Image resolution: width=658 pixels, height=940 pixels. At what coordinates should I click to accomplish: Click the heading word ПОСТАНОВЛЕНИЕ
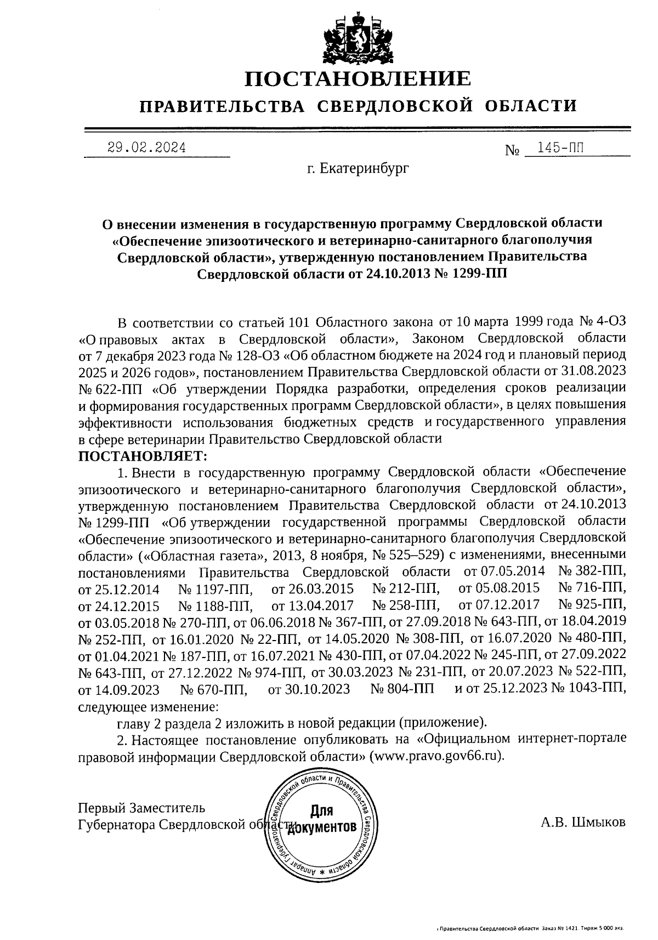357,79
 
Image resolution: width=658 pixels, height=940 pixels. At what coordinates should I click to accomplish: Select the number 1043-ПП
598,688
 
